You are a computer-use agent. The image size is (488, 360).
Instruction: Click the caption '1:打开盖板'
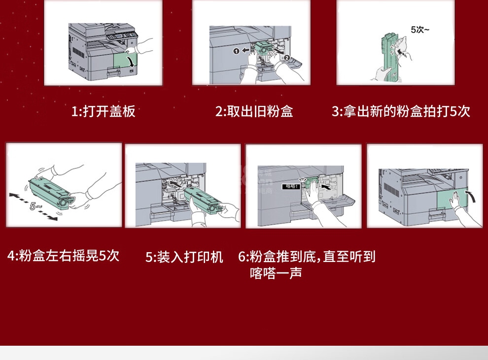pos(104,111)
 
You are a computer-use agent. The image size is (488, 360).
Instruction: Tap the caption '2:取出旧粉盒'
pos(254,111)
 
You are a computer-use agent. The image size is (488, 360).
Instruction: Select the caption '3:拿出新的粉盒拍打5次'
pos(401,111)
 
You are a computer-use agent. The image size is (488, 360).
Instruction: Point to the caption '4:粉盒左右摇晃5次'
pos(64,256)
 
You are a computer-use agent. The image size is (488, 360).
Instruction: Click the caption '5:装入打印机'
pos(184,257)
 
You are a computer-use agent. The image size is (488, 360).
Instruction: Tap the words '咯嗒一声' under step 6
pos(276,273)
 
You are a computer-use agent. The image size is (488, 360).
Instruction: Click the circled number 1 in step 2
pos(237,51)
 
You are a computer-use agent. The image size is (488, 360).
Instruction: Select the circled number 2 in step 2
pos(286,58)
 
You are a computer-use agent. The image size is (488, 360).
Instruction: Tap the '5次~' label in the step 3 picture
pos(420,30)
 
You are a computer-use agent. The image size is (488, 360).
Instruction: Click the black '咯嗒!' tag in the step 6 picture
pos(291,186)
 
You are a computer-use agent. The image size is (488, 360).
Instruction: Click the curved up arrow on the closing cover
pos(471,196)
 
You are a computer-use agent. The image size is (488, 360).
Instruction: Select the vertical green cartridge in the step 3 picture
pos(388,59)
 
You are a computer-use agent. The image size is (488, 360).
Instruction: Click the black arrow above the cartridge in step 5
pos(175,185)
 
